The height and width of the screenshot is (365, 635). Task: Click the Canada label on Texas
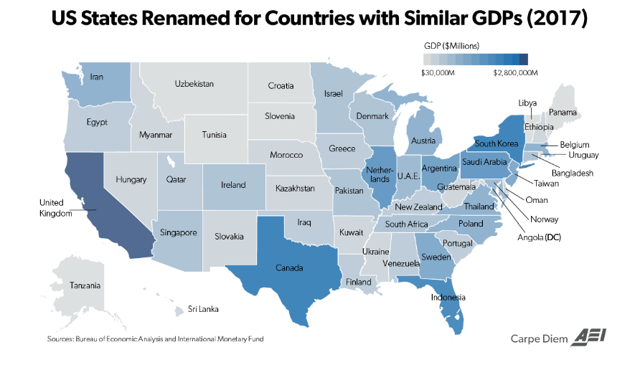pyautogui.click(x=288, y=268)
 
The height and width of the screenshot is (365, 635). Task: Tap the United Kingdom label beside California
pyautogui.click(x=56, y=208)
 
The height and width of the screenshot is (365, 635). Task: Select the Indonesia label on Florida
pyautogui.click(x=448, y=297)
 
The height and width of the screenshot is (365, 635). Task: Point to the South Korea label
pyautogui.click(x=497, y=143)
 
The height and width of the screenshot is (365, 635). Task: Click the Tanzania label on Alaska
pyautogui.click(x=85, y=285)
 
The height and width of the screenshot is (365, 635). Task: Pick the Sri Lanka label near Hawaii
pyautogui.click(x=203, y=309)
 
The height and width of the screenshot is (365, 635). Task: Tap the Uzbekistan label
pyautogui.click(x=194, y=84)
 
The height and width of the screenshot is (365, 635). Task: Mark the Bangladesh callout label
pyautogui.click(x=572, y=173)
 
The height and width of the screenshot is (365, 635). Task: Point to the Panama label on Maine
pyautogui.click(x=563, y=112)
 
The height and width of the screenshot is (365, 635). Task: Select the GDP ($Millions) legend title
pyautogui.click(x=452, y=45)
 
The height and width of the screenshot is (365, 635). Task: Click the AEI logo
pyautogui.click(x=587, y=338)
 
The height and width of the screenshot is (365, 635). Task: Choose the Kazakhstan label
pyautogui.click(x=295, y=188)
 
